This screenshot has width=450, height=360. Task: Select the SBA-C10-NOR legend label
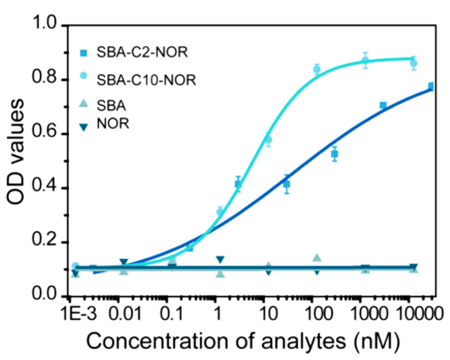tap(147, 81)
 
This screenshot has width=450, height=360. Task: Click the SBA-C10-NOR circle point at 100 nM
tap(317, 69)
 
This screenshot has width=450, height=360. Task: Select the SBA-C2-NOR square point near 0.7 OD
tap(383, 105)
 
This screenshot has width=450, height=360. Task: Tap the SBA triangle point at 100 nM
tap(317, 258)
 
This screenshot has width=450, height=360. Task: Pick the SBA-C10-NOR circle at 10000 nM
tap(413, 63)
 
